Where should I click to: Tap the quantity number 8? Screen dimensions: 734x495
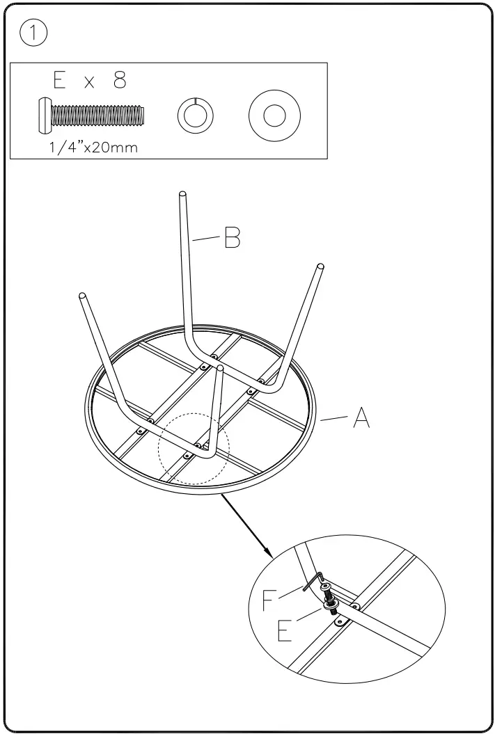coord(119,81)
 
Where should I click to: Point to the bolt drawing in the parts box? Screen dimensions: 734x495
coord(91,113)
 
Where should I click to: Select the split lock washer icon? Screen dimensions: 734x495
coord(195,113)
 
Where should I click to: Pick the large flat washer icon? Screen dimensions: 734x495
coord(274,113)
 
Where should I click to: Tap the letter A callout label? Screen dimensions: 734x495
coord(360,417)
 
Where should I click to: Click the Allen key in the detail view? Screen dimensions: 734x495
coord(312,582)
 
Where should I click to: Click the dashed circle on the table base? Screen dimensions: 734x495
coord(194,449)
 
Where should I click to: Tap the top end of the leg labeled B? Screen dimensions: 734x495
coord(182,196)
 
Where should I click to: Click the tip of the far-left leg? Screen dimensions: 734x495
coord(83,296)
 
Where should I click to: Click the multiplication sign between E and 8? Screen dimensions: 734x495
coord(90,83)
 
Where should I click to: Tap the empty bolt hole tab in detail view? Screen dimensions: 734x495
coord(340,623)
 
